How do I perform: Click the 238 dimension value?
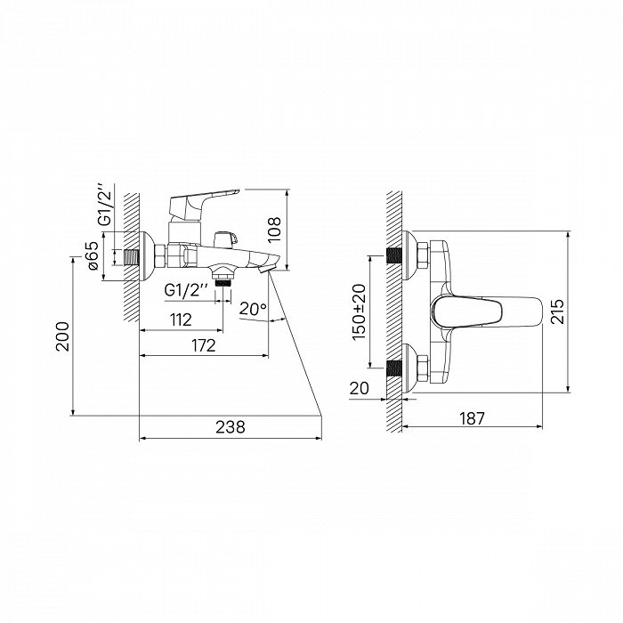pos(231,426)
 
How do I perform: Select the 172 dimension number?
pos(204,345)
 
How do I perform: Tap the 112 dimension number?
pos(181,320)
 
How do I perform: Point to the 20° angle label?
pos(253,308)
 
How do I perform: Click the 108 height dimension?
pos(274,230)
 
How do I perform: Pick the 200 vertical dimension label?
pos(63,336)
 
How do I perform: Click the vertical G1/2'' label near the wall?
pos(106,205)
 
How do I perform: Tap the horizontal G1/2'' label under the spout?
pos(186,290)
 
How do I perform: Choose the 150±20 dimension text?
pos(360,311)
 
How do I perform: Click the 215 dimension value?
pos(557,311)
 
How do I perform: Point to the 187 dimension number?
pos(473,418)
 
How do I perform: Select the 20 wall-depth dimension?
pos(360,388)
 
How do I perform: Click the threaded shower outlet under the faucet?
pos(222,277)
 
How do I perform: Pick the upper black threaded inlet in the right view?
pos(394,255)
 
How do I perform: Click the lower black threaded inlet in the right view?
pos(394,368)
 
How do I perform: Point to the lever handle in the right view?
pos(486,311)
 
